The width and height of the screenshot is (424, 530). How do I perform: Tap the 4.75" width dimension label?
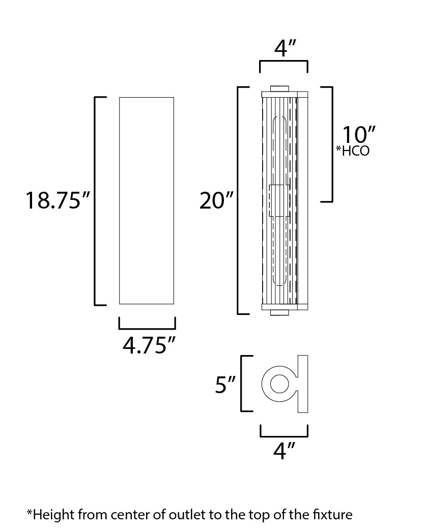pos(149,345)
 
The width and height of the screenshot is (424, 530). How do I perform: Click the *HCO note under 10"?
pos(353,151)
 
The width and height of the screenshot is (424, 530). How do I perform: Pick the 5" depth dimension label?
pos(225,385)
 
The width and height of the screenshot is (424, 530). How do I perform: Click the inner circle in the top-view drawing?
pos(279,384)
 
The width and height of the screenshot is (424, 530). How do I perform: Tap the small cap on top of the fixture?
pos(279,88)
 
